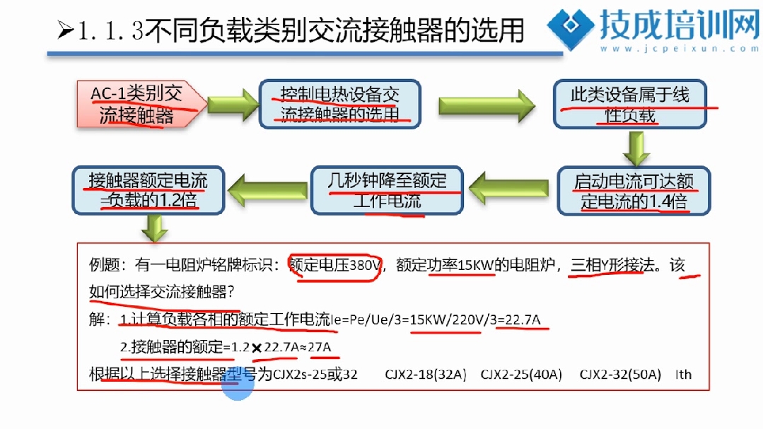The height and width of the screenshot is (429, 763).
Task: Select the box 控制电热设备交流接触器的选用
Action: (x=339, y=104)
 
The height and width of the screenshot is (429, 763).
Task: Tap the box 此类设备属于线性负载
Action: (x=629, y=104)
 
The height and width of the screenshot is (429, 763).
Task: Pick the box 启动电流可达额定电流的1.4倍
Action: (x=634, y=190)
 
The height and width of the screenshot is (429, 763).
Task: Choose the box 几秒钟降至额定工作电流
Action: (x=387, y=190)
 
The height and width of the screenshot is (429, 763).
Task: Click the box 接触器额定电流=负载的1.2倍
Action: (x=148, y=190)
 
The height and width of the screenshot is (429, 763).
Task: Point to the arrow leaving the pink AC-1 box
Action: (x=233, y=104)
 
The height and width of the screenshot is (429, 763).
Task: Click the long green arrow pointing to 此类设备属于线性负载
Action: (x=487, y=105)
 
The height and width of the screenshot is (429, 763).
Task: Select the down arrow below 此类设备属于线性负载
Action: (x=636, y=148)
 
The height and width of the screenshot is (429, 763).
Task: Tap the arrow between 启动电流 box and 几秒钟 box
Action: (x=509, y=188)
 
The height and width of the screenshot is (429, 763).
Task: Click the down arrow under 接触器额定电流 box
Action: (x=155, y=228)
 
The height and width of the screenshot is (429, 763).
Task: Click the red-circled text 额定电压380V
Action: (x=334, y=266)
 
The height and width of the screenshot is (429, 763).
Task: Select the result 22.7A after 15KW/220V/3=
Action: (x=523, y=320)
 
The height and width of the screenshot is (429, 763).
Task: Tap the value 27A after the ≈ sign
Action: (x=319, y=347)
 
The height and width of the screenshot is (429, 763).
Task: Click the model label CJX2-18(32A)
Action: (x=425, y=375)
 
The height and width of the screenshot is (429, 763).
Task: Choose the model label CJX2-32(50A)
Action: (x=620, y=375)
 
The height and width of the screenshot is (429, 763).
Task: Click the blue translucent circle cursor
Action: (x=238, y=383)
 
